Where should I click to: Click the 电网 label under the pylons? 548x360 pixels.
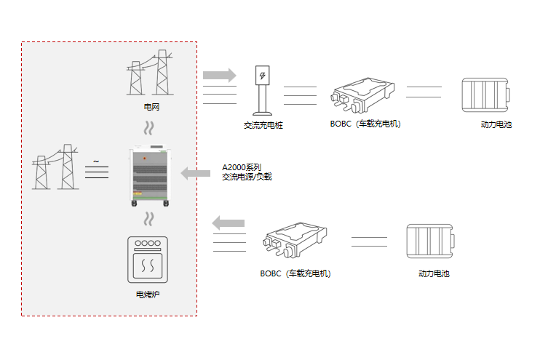click(151, 108)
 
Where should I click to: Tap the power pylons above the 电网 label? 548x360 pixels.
click(151, 73)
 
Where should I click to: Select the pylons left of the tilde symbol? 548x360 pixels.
click(55, 167)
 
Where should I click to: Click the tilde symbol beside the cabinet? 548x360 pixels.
click(96, 161)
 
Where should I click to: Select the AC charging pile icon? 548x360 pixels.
click(262, 90)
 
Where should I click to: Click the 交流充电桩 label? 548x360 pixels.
click(263, 126)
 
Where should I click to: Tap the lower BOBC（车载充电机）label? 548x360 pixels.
click(295, 274)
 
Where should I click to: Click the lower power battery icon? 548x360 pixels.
click(431, 241)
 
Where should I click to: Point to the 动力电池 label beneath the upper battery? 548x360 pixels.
click(496, 125)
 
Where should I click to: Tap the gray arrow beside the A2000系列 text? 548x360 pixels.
click(195, 173)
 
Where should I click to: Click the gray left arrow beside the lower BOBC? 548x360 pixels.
click(229, 223)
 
